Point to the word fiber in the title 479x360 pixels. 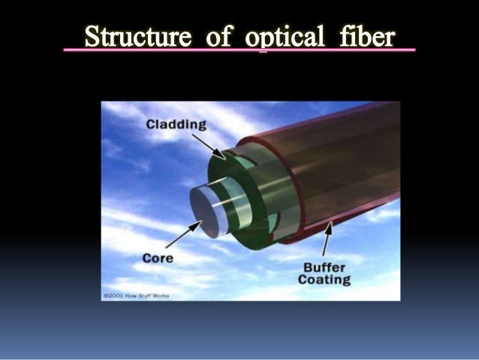[365, 37]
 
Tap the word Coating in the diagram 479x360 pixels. [325, 280]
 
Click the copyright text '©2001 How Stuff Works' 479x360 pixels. [136, 296]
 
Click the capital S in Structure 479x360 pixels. [92, 37]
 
